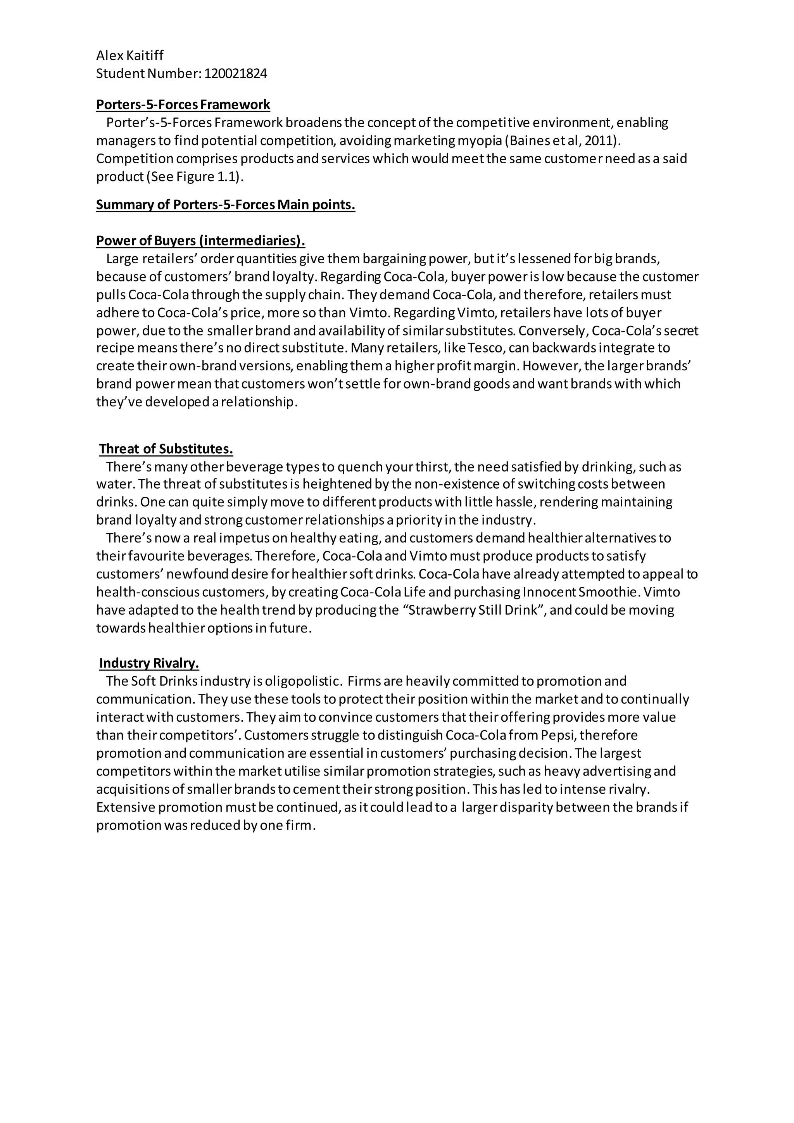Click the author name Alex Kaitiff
click(x=129, y=56)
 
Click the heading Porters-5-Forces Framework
click(x=183, y=105)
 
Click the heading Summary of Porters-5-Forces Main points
click(x=225, y=204)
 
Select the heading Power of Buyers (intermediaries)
click(x=200, y=241)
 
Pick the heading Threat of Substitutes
click(x=166, y=449)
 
